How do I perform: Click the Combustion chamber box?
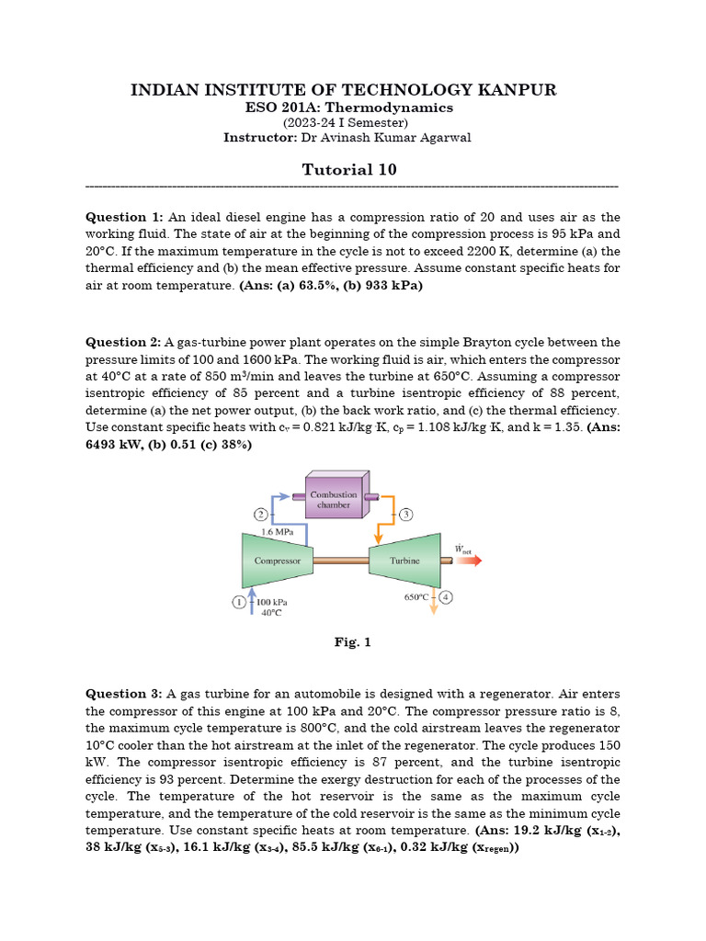[x=334, y=500]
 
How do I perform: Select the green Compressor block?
[x=276, y=560]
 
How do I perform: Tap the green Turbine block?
[x=404, y=560]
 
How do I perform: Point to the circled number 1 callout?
[x=237, y=601]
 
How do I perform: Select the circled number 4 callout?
[x=446, y=596]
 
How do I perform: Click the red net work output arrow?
[x=467, y=560]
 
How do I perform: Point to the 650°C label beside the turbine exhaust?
[x=417, y=596]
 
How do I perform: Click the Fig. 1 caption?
[x=352, y=642]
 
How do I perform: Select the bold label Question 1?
[x=123, y=217]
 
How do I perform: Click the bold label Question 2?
[x=123, y=342]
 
